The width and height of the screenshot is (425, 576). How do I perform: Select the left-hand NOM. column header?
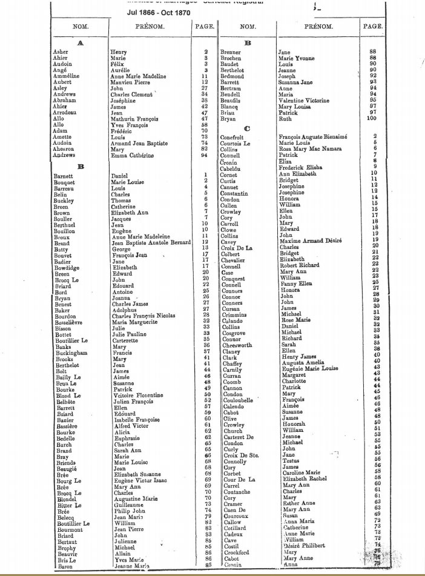click(80, 27)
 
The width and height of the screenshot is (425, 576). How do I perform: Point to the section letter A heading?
click(81, 43)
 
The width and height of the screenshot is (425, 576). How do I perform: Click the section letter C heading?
click(246, 128)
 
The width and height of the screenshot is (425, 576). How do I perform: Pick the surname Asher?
click(61, 52)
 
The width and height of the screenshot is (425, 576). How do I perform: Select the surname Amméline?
click(67, 76)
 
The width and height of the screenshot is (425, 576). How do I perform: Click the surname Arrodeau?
click(65, 113)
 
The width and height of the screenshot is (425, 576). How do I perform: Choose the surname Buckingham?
click(71, 353)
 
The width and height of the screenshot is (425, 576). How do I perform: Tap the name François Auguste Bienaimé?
click(312, 137)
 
